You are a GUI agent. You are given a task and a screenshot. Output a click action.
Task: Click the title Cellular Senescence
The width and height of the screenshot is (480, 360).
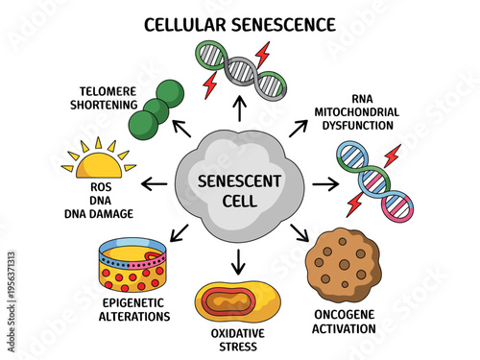tap(240, 22)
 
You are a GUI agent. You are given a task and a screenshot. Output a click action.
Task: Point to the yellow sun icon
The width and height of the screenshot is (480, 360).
tap(94, 161)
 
